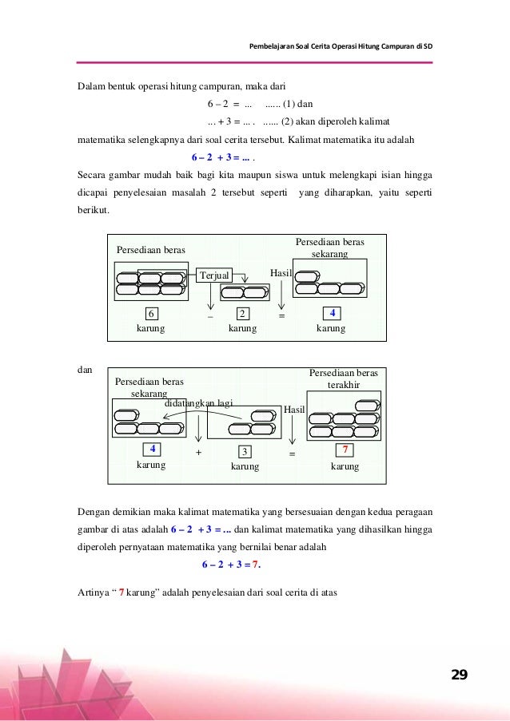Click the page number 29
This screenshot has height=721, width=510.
tap(459, 675)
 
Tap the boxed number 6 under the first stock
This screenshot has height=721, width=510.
tap(151, 313)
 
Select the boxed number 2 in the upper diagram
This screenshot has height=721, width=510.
tap(243, 313)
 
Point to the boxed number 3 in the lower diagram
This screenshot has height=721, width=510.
tap(245, 451)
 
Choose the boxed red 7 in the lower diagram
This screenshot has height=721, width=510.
tap(345, 450)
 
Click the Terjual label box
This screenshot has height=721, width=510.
tap(215, 275)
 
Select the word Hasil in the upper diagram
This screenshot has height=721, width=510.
tap(281, 272)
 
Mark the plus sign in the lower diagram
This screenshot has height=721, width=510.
tap(198, 452)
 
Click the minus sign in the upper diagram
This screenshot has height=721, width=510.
tap(210, 316)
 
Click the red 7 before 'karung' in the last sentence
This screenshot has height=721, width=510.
tap(121, 592)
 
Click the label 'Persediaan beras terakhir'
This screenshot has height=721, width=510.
tap(344, 378)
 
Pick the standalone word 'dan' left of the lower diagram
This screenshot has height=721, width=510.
tap(84, 370)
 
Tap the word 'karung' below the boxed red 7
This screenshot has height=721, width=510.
tap(345, 466)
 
